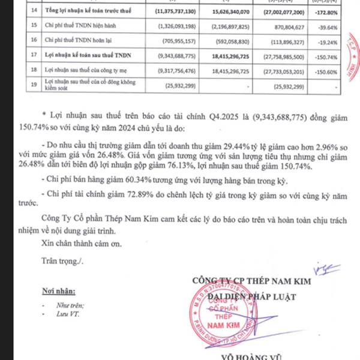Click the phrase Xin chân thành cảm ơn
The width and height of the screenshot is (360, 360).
click(77, 244)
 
